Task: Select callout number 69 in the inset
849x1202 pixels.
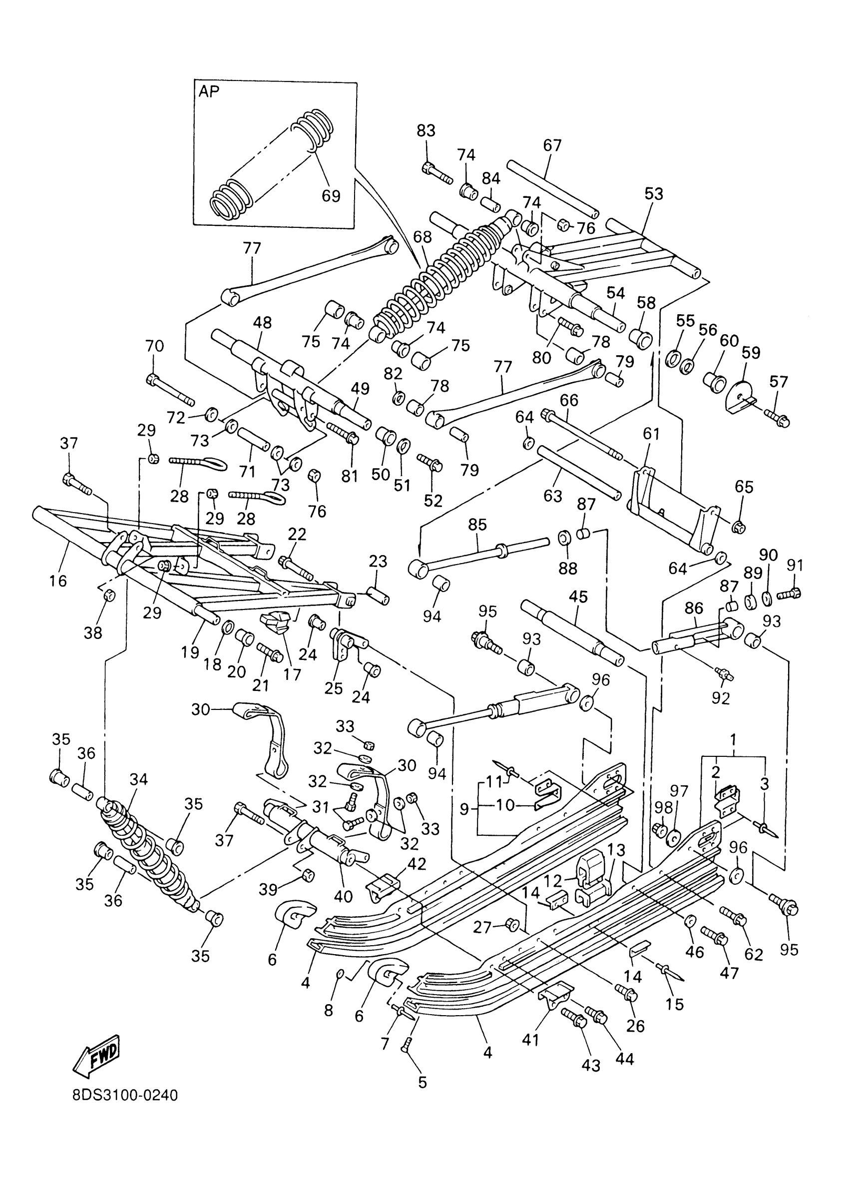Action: click(x=330, y=195)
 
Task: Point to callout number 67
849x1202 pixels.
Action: click(x=552, y=145)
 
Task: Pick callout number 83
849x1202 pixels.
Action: click(x=426, y=130)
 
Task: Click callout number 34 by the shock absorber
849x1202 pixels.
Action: click(x=139, y=779)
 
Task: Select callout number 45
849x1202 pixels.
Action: click(x=578, y=597)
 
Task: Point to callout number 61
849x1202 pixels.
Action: click(x=652, y=434)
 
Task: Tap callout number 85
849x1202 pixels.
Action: click(x=477, y=524)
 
